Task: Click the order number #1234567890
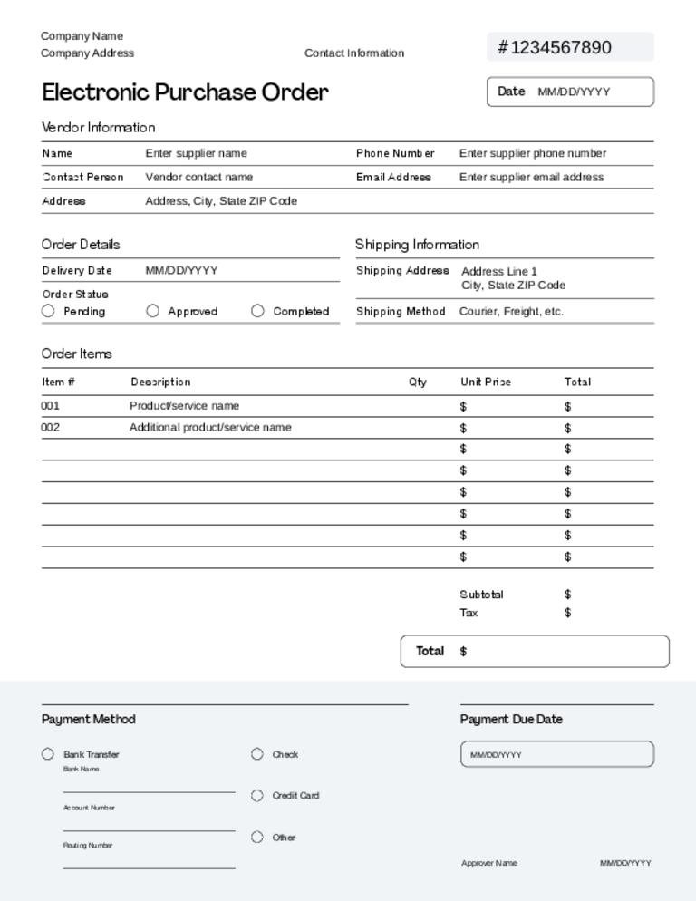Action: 555,47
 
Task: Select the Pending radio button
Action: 48,311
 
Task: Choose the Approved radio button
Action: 152,311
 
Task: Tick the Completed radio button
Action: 257,311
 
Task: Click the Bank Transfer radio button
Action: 48,754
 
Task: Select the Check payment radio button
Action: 257,754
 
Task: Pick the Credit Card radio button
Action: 257,796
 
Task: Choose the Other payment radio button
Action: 257,838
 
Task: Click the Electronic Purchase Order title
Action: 185,92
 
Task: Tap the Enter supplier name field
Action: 196,153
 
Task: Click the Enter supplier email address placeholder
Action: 531,177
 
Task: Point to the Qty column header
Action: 417,382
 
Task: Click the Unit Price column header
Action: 485,382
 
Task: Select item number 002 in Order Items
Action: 50,427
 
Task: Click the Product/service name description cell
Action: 184,405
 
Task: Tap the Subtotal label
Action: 481,595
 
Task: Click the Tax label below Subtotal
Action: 469,613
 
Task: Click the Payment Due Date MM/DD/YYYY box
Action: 556,754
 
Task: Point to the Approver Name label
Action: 489,863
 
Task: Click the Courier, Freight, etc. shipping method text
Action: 511,311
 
